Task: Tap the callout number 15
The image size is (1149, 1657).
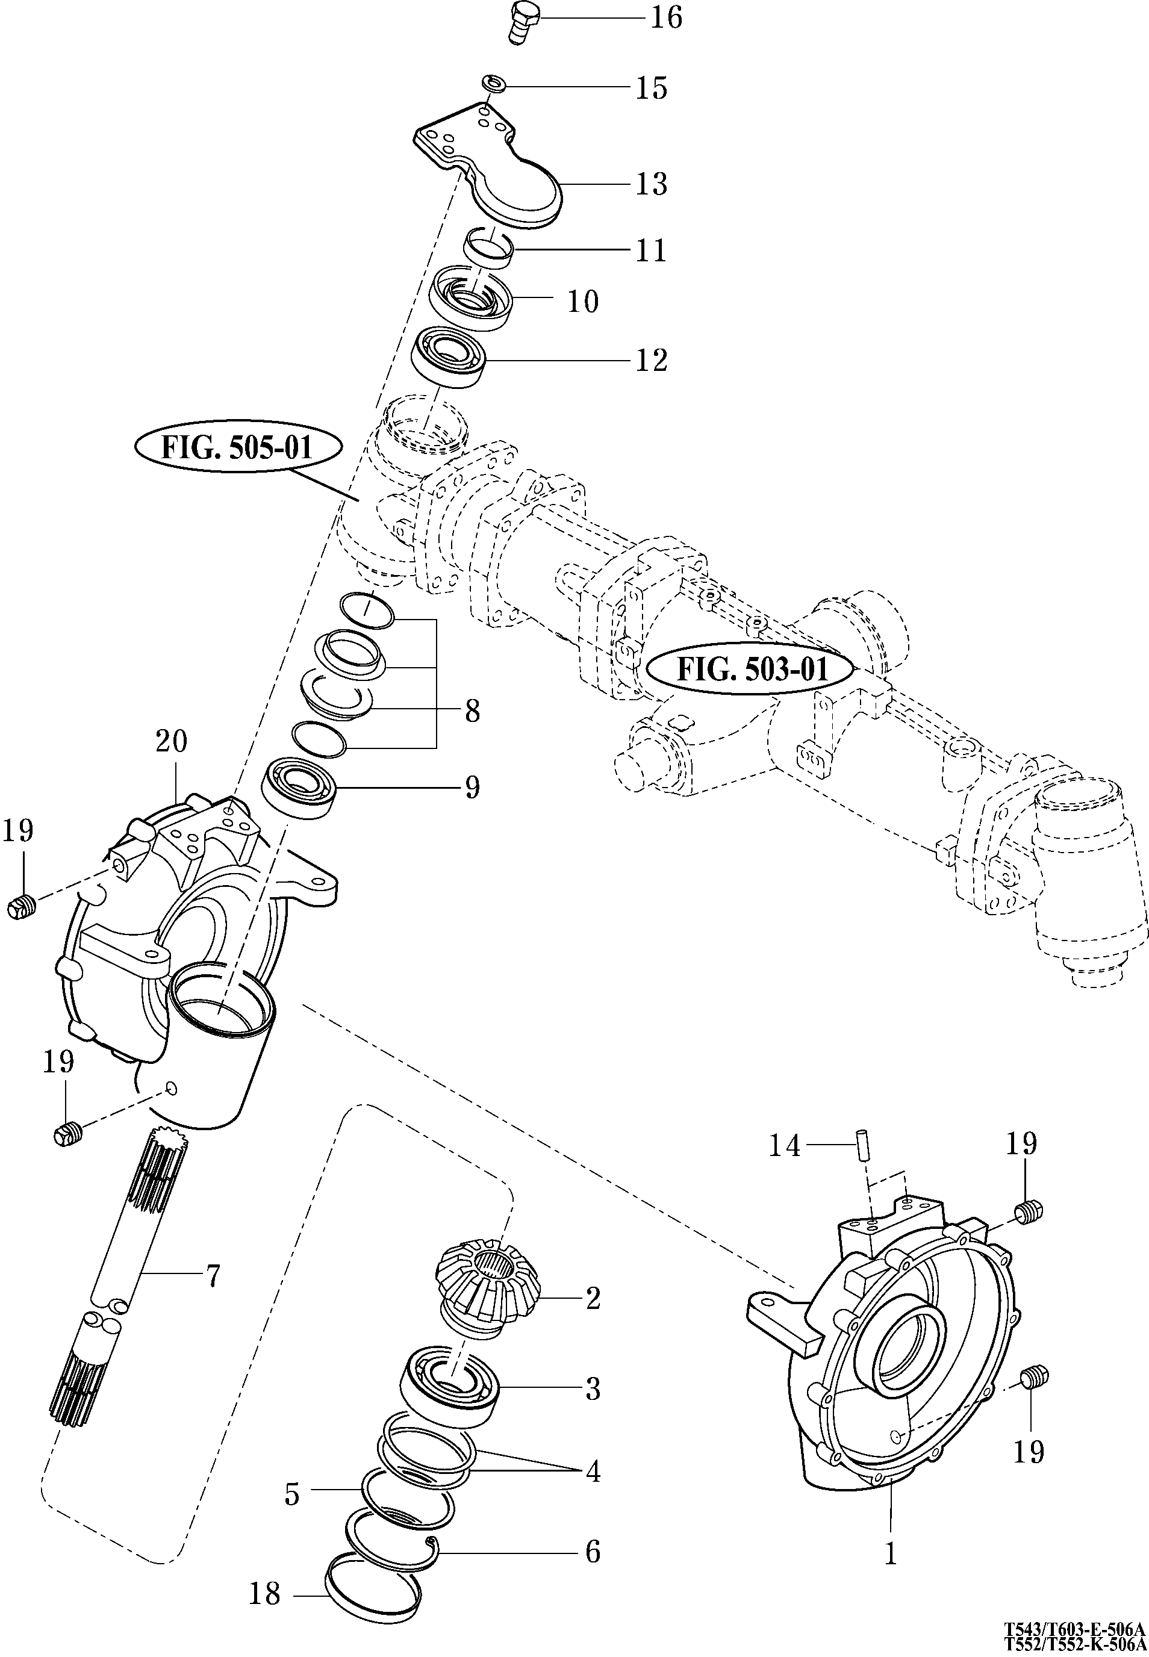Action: click(651, 88)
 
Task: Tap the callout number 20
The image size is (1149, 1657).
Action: click(172, 741)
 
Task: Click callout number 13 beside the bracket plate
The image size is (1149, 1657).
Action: click(651, 184)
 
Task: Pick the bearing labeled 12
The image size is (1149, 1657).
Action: click(450, 358)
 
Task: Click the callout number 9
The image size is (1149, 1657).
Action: click(472, 787)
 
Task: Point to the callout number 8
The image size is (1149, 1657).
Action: click(472, 711)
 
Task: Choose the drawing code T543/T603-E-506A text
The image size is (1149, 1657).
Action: click(1075, 1628)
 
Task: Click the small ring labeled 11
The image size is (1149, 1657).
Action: click(489, 247)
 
